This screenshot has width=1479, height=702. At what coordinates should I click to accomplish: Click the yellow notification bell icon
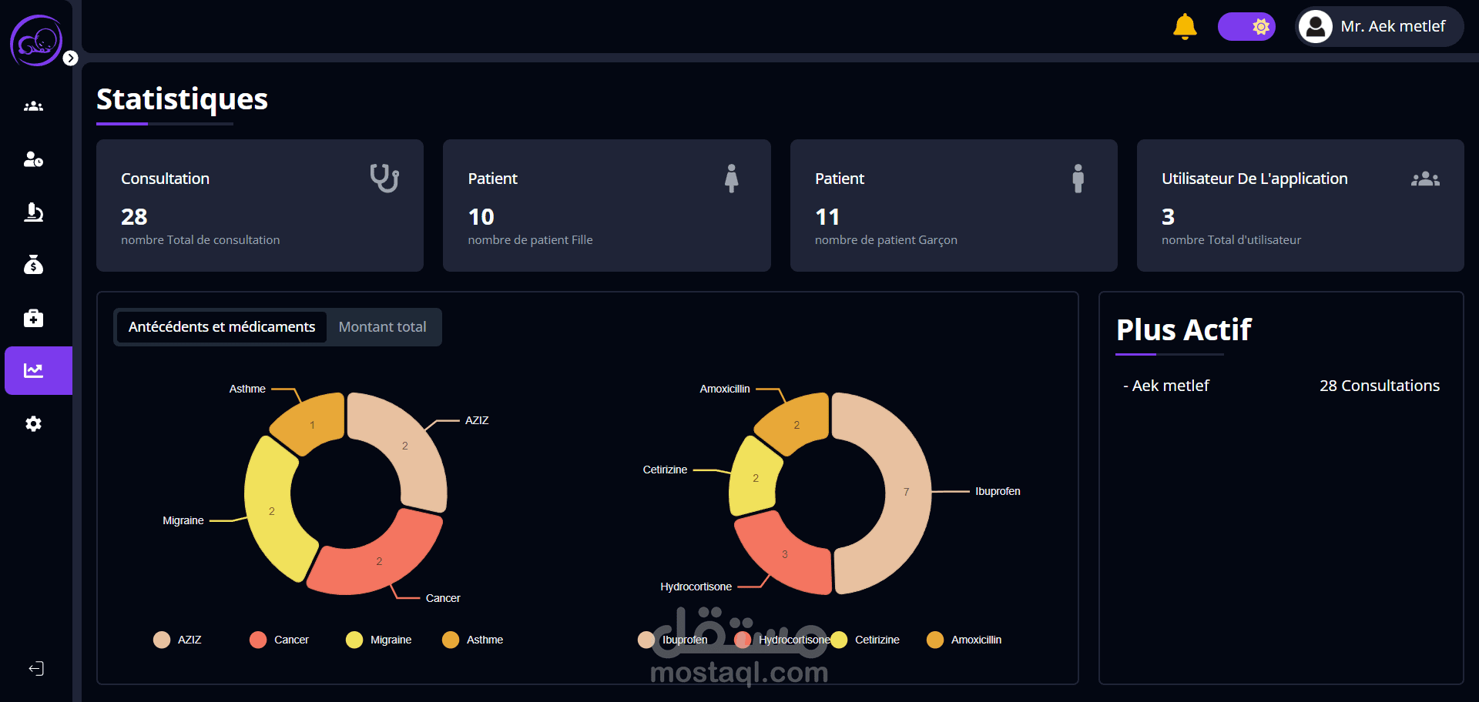click(x=1185, y=26)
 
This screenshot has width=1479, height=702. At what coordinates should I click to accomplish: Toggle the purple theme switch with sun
click(x=1246, y=26)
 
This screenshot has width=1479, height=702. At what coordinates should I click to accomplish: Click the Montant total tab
click(x=382, y=327)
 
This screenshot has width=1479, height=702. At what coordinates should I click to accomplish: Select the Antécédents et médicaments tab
click(x=222, y=327)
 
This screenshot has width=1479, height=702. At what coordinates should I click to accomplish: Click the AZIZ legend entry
click(x=178, y=640)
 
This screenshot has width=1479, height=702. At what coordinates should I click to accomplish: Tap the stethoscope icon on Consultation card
click(x=384, y=178)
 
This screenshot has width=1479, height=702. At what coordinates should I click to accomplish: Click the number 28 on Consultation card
click(x=134, y=217)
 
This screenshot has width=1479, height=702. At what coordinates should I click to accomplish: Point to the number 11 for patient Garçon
click(x=827, y=217)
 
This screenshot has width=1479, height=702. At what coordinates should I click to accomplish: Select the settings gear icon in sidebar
click(x=33, y=423)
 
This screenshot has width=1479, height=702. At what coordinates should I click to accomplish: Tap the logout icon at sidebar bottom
click(x=36, y=668)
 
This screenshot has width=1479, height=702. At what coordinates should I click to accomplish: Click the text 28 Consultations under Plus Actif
click(x=1379, y=386)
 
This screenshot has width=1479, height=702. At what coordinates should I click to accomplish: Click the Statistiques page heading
click(x=182, y=99)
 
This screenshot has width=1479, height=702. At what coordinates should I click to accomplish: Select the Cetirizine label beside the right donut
click(x=665, y=470)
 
